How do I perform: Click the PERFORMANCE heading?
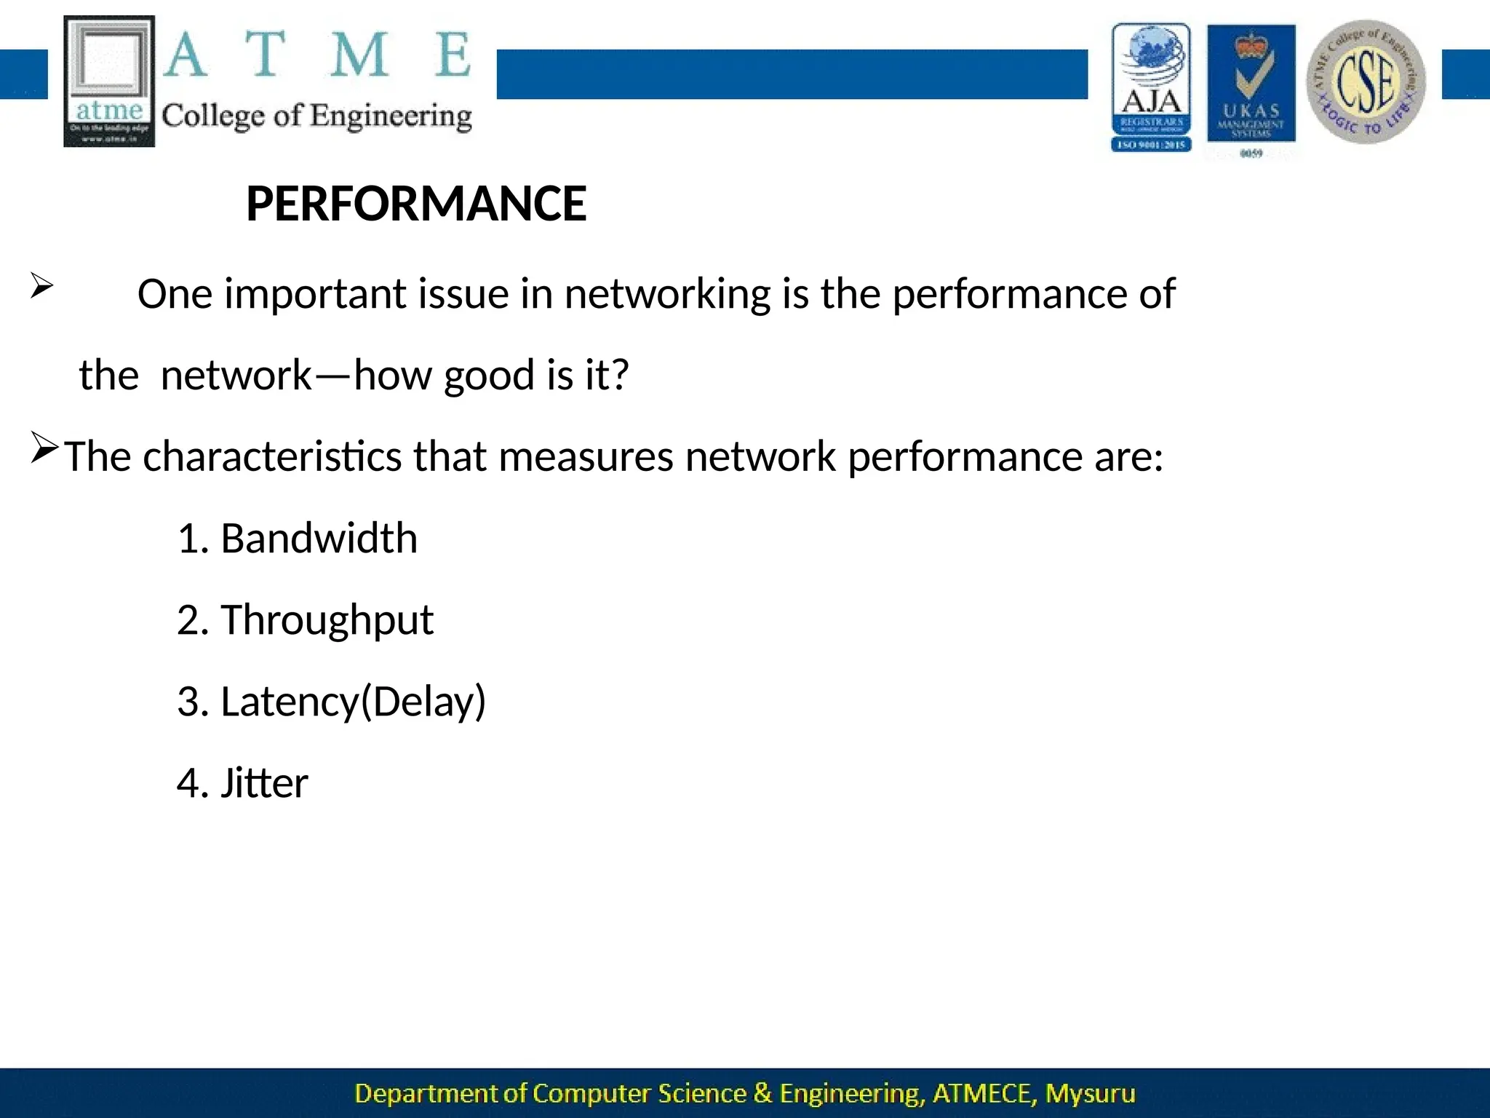pyautogui.click(x=416, y=204)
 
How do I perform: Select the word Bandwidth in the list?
pyautogui.click(x=319, y=539)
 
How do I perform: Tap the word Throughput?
pyautogui.click(x=327, y=620)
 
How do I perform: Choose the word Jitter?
pyautogui.click(x=264, y=783)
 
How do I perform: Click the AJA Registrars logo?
pyautogui.click(x=1151, y=87)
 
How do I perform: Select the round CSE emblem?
pyautogui.click(x=1366, y=82)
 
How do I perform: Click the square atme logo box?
pyautogui.click(x=109, y=81)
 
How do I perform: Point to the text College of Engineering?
pyautogui.click(x=316, y=116)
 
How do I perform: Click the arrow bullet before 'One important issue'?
pyautogui.click(x=41, y=286)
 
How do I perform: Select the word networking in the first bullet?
pyautogui.click(x=666, y=295)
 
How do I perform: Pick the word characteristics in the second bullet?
pyautogui.click(x=272, y=457)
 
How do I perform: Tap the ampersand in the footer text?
pyautogui.click(x=762, y=1093)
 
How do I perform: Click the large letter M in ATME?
pyautogui.click(x=359, y=55)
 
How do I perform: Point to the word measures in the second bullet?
pyautogui.click(x=586, y=457)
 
